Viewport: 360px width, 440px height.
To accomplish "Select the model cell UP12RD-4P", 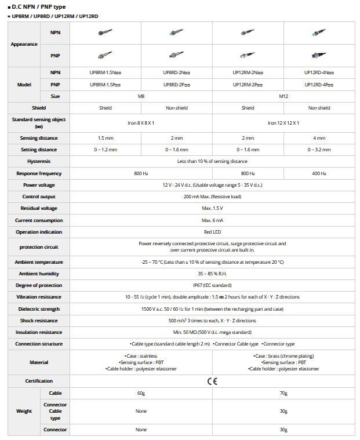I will click(x=319, y=85).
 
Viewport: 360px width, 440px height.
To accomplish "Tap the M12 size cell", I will click(x=283, y=96).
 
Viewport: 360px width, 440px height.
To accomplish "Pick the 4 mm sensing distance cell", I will click(x=319, y=138).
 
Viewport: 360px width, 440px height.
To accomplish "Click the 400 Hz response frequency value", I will click(x=319, y=173).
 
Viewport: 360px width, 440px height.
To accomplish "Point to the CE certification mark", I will click(x=212, y=381).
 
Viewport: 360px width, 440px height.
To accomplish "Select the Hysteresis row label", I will click(x=38, y=161).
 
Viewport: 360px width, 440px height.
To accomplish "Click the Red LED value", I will click(x=212, y=232).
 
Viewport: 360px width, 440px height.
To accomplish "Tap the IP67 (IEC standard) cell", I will click(x=212, y=285).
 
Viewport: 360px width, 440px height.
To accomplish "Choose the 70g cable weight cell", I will click(x=283, y=393).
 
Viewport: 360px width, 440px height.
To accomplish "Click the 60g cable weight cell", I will click(x=141, y=393).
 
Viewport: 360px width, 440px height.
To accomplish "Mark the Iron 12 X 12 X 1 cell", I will click(x=283, y=123).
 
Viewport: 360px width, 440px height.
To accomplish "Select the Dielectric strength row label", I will click(x=38, y=309).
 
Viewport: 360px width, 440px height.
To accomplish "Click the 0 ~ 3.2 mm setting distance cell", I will click(x=319, y=150).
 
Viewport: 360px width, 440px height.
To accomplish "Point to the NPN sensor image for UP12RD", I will click(x=319, y=33).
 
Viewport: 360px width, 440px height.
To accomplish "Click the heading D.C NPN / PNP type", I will click(x=38, y=7).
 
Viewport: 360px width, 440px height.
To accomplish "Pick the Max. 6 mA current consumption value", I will click(x=212, y=220).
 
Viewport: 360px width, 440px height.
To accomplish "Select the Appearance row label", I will click(x=24, y=44).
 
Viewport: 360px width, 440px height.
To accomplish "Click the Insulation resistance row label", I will click(x=38, y=332).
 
